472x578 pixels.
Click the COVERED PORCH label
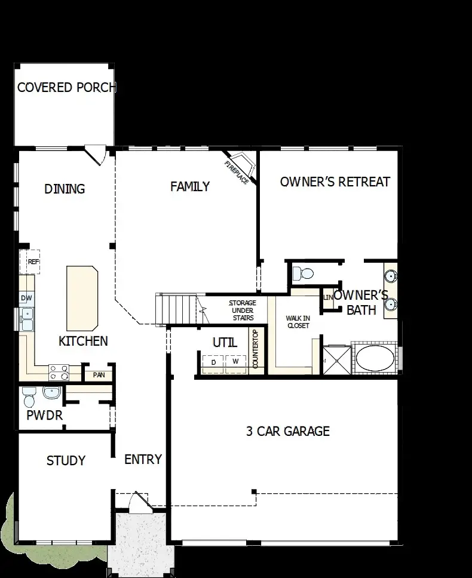point(66,88)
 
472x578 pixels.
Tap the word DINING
point(65,189)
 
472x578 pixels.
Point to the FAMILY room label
point(189,186)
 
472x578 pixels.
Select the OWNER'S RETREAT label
point(335,182)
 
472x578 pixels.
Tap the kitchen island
point(82,298)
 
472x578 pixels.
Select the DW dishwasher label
point(26,298)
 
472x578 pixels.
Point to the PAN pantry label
point(98,375)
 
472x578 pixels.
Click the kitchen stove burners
point(58,373)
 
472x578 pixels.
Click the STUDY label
point(66,460)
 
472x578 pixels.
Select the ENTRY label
point(143,459)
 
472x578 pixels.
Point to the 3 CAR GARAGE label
point(288,431)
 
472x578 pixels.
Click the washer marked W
point(235,362)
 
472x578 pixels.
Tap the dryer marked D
point(213,362)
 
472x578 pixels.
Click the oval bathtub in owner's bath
point(375,361)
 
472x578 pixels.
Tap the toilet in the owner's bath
point(305,274)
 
